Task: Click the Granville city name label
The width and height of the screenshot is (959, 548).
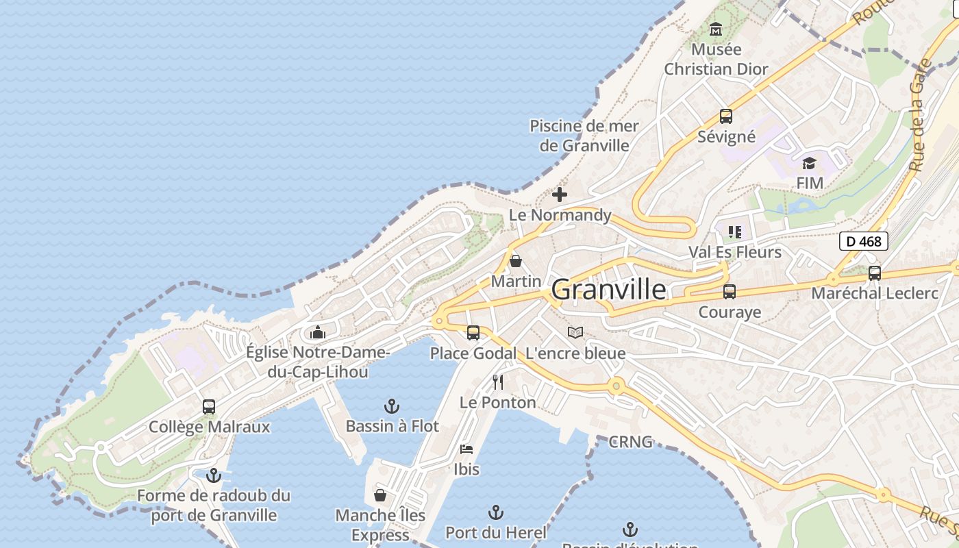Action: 608,289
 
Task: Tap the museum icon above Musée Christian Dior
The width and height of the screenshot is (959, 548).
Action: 716,29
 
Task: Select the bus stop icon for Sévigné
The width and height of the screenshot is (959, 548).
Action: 726,116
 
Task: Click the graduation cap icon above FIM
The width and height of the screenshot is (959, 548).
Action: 809,163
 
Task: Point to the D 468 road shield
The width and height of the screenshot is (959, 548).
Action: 863,241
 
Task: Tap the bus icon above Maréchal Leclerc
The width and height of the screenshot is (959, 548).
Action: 875,273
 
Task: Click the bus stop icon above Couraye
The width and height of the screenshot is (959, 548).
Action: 730,292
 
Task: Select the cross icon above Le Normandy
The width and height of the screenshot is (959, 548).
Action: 560,195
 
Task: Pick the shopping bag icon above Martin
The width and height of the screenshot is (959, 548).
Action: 516,261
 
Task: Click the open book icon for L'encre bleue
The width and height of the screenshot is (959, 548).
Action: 575,333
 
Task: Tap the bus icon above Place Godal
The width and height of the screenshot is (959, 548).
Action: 473,333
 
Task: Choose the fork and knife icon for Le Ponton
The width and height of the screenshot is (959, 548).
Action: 498,382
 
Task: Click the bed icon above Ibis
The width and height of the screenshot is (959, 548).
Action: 466,449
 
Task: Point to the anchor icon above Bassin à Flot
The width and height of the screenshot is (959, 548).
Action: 392,406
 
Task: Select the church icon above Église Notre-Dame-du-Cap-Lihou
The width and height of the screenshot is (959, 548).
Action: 317,333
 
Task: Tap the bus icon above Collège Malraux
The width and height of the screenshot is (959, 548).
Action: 209,407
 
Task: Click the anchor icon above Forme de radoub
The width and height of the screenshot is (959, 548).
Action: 214,475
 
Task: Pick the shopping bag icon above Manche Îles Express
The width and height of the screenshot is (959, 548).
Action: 380,495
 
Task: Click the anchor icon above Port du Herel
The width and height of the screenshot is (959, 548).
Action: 495,512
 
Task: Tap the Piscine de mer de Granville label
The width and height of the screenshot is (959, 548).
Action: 584,136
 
